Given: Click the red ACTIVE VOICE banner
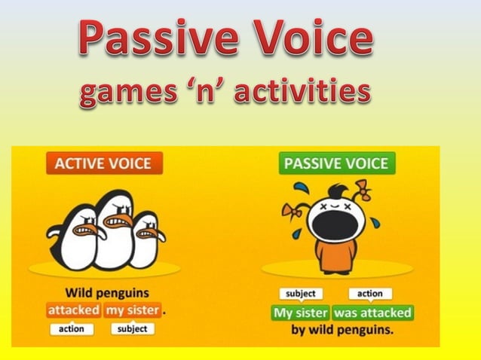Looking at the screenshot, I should (x=104, y=163).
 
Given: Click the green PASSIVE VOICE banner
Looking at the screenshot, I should (x=337, y=163).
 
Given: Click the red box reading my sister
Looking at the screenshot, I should (x=133, y=310).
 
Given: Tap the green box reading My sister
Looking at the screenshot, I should (x=300, y=313).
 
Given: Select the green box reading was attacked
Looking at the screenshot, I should (x=372, y=313).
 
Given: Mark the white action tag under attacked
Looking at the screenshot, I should (x=72, y=329).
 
